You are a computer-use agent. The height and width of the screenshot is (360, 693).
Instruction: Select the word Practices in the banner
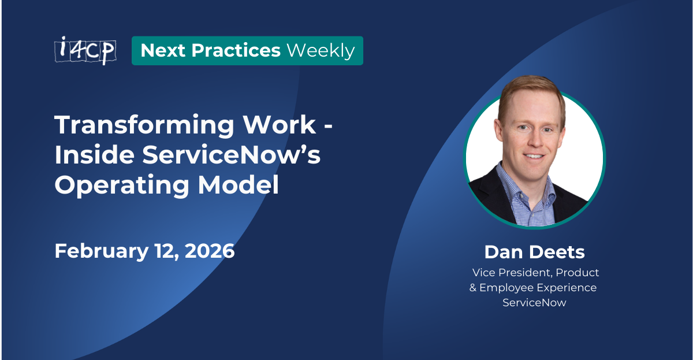tap(236, 51)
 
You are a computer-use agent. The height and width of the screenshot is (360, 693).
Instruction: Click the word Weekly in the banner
tap(321, 51)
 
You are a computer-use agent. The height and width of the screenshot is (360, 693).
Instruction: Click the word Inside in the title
tap(94, 156)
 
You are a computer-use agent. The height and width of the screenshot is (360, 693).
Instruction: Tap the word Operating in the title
tap(120, 186)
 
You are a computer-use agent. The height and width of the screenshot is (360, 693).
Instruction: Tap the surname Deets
tap(558, 252)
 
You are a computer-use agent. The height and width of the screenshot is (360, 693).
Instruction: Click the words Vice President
tap(510, 272)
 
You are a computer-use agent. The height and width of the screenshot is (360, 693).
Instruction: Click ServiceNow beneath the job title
tap(534, 302)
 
